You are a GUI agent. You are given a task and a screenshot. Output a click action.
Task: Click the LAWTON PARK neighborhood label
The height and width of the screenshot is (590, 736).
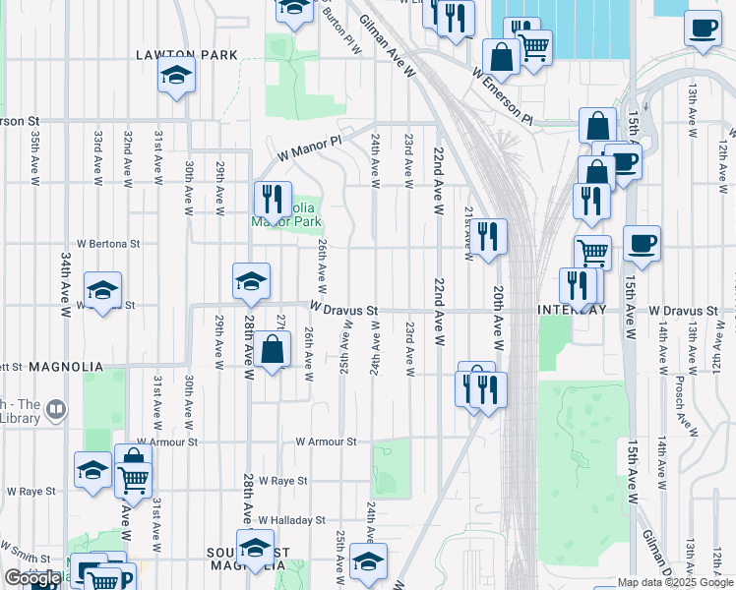[187, 55]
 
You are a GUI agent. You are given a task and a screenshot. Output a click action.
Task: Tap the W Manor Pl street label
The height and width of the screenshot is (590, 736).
[308, 148]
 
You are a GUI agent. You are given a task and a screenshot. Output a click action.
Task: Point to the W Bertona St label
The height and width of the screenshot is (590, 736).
[108, 242]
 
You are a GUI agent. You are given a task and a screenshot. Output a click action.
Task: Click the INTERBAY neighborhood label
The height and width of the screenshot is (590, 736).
[572, 310]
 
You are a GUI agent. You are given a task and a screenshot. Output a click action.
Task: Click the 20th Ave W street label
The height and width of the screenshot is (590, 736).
[499, 319]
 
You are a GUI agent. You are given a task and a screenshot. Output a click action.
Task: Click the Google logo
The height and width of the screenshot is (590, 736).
[33, 578]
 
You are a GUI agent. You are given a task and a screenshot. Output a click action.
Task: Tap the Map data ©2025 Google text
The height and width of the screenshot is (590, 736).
[676, 583]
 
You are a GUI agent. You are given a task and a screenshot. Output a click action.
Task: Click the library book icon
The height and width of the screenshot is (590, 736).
[56, 408]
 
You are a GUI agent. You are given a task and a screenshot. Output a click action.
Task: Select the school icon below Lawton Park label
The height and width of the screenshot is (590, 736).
[176, 75]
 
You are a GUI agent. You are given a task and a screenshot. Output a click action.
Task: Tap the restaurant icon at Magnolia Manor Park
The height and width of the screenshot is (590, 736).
[273, 198]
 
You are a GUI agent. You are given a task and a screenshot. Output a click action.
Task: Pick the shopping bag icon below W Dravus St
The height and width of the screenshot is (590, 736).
[274, 348]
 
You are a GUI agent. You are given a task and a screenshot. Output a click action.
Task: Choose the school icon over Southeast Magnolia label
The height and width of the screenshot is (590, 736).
[255, 547]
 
